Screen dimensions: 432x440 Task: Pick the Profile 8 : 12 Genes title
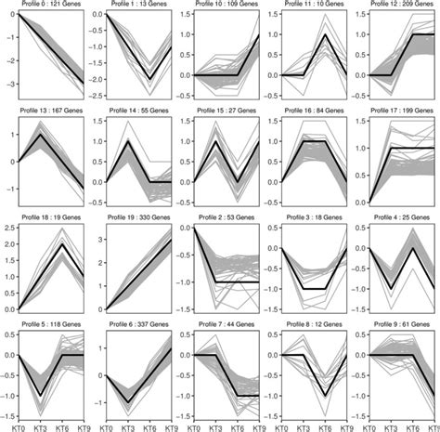[x=314, y=322]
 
